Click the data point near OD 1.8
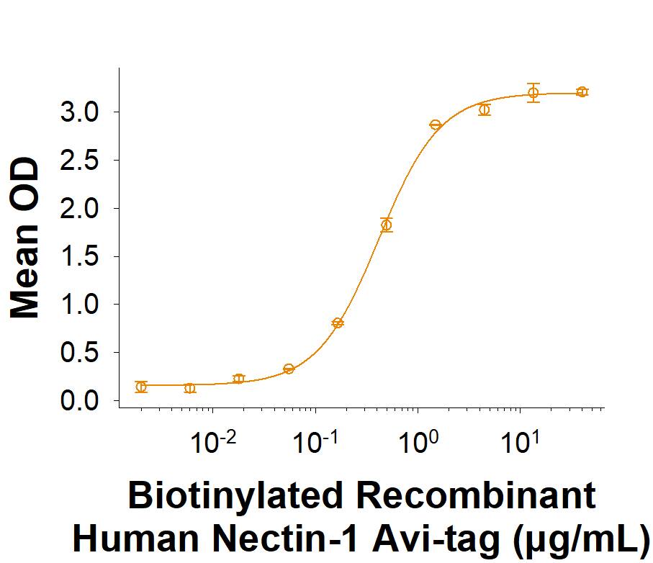387,225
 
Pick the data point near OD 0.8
338,323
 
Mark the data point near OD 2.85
435,125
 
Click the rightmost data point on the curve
582,91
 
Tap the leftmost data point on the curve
141,387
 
